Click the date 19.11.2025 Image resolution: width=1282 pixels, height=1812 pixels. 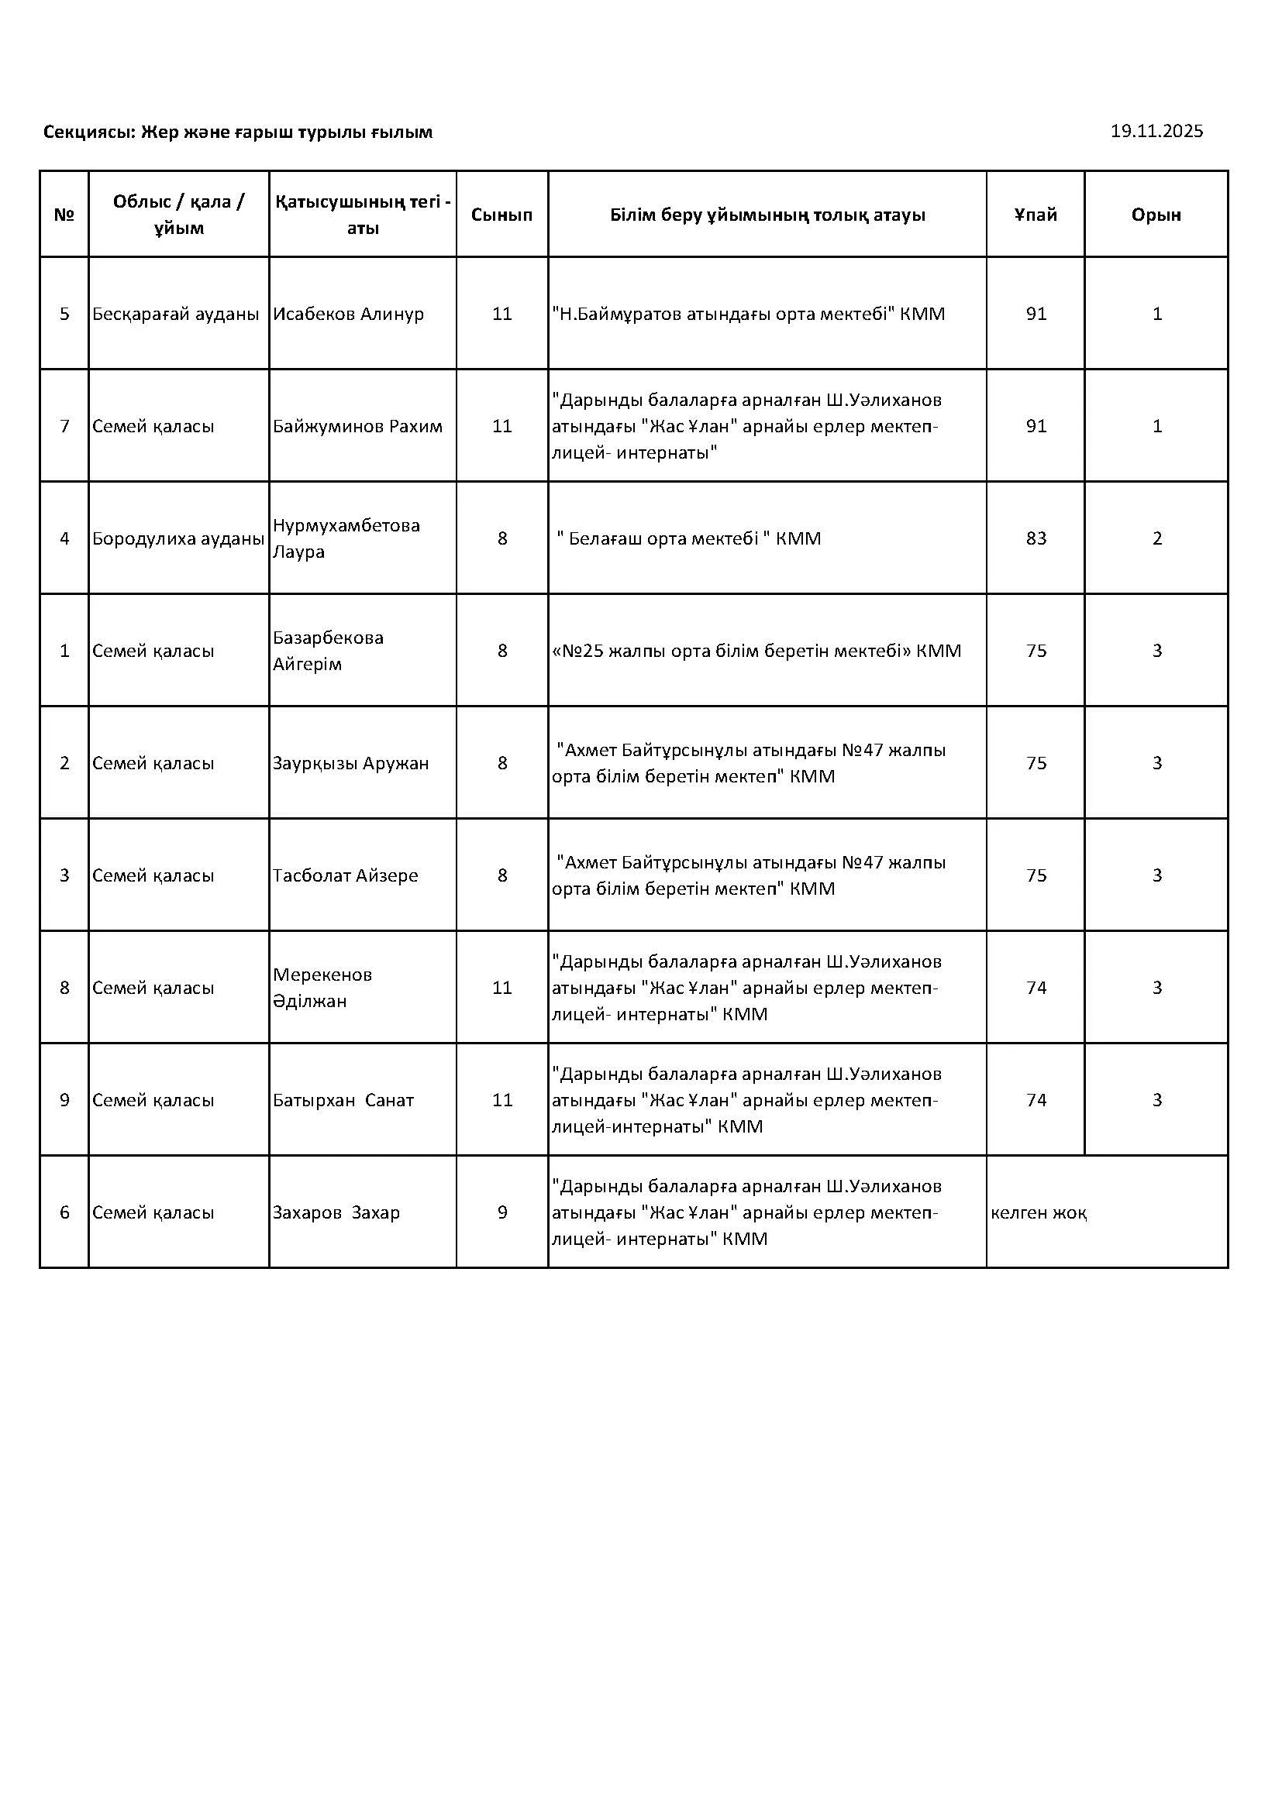click(1156, 131)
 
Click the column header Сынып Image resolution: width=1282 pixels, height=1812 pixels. click(501, 215)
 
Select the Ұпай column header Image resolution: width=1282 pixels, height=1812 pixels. click(1035, 215)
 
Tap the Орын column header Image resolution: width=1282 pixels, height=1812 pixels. click(1156, 215)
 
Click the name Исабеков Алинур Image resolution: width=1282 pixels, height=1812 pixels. click(348, 314)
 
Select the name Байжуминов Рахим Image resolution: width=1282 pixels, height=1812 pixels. click(357, 426)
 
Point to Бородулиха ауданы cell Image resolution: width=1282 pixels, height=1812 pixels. click(177, 538)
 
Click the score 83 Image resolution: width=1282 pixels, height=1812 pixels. click(1036, 538)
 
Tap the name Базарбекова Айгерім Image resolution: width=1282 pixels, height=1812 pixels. click(328, 650)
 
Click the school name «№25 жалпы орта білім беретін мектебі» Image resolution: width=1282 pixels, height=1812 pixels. click(756, 650)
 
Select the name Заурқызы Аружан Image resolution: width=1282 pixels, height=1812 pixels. click(350, 763)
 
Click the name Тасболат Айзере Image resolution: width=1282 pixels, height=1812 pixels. click(345, 875)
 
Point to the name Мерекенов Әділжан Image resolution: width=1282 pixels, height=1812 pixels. click(322, 987)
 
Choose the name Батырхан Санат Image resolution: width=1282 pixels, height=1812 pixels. click(343, 1100)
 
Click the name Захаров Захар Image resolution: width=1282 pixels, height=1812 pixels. click(336, 1212)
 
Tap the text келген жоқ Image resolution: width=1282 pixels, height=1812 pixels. click(1038, 1212)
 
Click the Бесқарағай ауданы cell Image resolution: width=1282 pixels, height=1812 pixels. click(175, 314)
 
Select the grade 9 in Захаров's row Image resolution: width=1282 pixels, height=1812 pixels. click(502, 1212)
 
